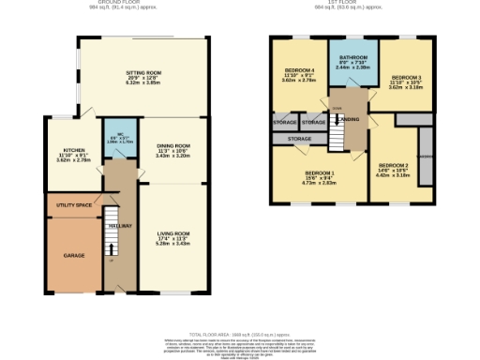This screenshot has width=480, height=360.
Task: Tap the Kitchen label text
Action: [75, 150]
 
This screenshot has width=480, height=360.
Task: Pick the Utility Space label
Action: [72, 204]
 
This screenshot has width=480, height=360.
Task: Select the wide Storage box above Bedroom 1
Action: [298, 139]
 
